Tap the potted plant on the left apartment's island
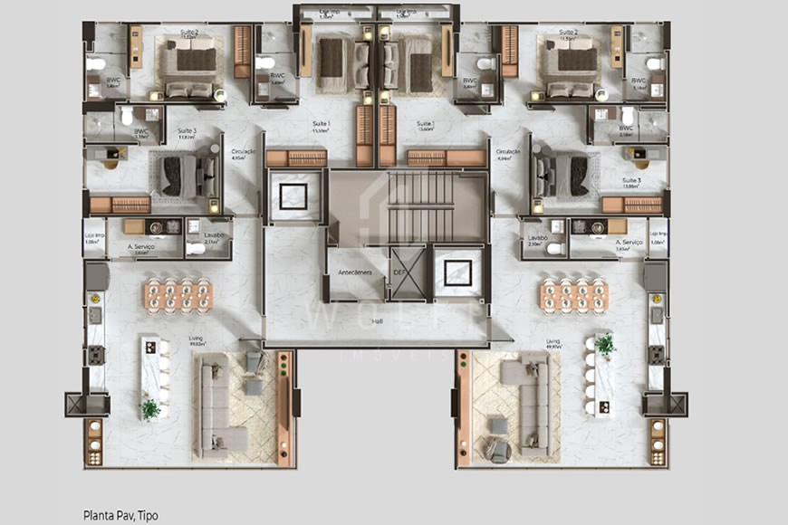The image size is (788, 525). coord(150,409)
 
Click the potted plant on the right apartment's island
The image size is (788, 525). coord(605,344)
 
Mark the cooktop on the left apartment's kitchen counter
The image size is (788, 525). coord(94,354)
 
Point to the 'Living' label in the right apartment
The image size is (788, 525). coord(553,341)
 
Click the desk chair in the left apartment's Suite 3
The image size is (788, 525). coord(111,164)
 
